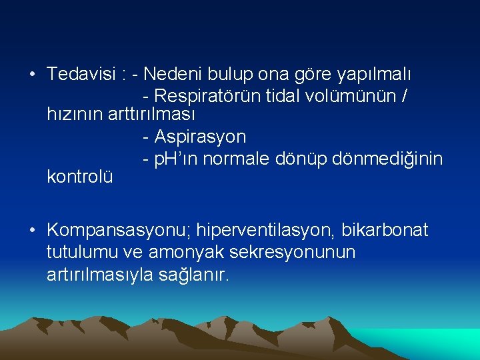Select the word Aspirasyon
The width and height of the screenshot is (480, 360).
[x=199, y=137]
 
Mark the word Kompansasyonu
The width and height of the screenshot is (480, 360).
[x=120, y=231]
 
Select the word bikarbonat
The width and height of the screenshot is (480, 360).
[x=385, y=231]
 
